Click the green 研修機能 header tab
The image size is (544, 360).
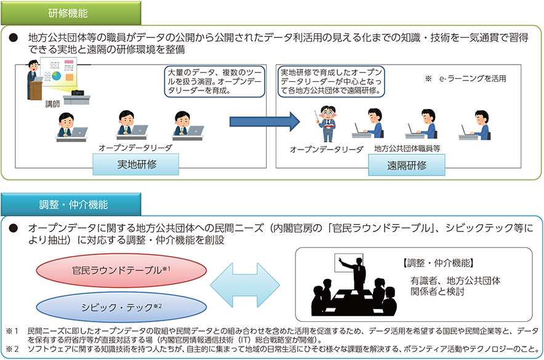tap(71, 13)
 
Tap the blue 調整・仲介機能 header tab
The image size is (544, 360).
tap(71, 205)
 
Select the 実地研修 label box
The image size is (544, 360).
tap(135, 164)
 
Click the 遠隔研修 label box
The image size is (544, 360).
tap(407, 165)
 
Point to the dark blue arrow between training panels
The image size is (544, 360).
tap(265, 121)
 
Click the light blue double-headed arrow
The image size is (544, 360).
tap(245, 285)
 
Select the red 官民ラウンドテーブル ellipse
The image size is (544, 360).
tap(121, 270)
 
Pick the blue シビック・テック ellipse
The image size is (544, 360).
tap(121, 307)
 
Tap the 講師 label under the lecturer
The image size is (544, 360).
tap(52, 104)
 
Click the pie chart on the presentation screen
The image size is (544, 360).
tap(56, 76)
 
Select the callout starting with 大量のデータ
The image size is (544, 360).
tap(214, 81)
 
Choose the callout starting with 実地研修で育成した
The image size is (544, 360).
tap(331, 81)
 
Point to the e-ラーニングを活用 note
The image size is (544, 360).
tap(466, 79)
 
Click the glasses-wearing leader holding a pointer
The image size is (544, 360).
tap(327, 124)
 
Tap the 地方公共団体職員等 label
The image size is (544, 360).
tap(407, 148)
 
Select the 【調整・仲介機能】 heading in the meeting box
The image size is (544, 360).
tap(438, 263)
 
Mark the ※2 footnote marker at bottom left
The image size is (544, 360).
tap(12, 348)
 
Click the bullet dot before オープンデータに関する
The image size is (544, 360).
tap(13, 228)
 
